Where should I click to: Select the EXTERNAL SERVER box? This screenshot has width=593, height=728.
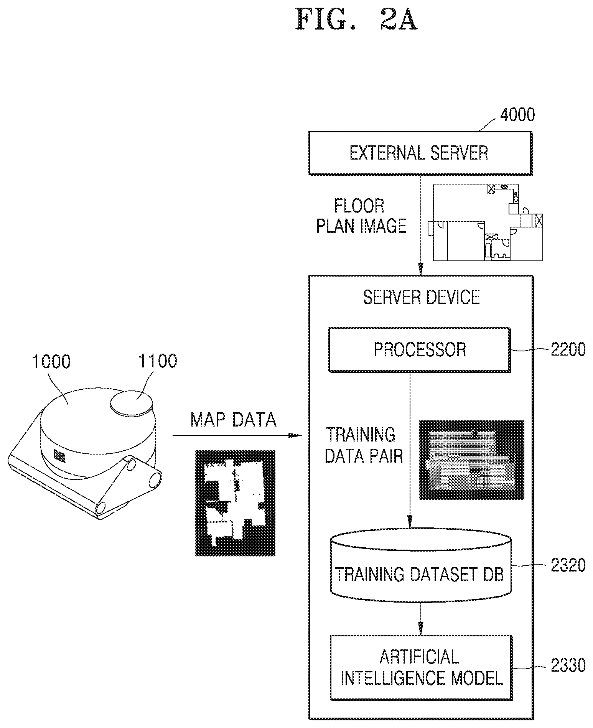[x=420, y=153]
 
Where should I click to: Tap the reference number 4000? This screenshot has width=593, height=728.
[x=517, y=115]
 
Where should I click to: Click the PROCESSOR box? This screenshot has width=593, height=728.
[x=420, y=349]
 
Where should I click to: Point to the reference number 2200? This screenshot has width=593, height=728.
[x=568, y=349]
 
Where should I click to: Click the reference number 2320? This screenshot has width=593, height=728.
[x=568, y=565]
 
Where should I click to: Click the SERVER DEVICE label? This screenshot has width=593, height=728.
[x=422, y=297]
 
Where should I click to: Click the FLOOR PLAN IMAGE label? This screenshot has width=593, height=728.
[x=361, y=216]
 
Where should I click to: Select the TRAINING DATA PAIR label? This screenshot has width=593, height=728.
[x=363, y=445]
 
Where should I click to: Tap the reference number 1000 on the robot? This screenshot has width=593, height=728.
[x=51, y=362]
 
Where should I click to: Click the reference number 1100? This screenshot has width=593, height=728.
[x=158, y=361]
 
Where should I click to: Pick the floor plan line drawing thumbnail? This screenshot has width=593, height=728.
[x=488, y=222]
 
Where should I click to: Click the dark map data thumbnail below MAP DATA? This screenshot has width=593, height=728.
[x=235, y=503]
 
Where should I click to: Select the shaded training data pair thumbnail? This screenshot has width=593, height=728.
[x=471, y=460]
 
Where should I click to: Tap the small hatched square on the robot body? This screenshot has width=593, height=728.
[x=59, y=456]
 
